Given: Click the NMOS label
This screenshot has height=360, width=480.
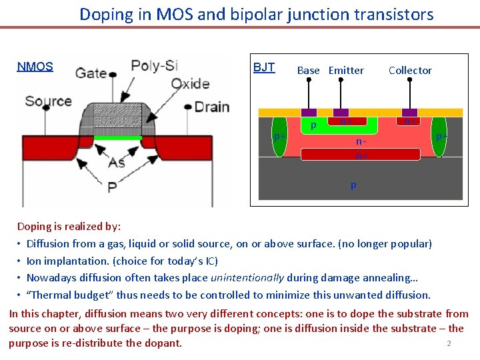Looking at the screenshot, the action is tap(35, 67).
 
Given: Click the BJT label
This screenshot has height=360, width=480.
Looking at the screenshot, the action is tap(264, 67).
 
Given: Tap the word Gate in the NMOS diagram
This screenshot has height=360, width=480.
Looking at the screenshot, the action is tap(91, 72).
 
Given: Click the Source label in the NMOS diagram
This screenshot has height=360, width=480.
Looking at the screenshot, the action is tap(49, 101).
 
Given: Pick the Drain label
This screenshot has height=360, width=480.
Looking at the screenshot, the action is tap(212, 107).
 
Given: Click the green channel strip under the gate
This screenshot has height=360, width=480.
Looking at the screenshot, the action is tap(117, 138).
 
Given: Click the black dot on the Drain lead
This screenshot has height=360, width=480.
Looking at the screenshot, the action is tap(189, 107).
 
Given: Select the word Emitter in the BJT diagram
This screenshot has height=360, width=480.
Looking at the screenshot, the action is tap(346, 70).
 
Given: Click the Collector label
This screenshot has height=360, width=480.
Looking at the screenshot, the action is tap(410, 70).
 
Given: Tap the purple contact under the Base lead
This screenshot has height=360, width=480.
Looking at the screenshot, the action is tap(309, 113).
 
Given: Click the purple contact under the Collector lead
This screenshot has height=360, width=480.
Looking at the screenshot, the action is tap(409, 113).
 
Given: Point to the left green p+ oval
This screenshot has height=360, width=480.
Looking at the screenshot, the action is tap(280, 137).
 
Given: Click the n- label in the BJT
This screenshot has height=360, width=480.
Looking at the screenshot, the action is tap(361, 141).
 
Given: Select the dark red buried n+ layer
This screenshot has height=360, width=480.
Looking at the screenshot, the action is tap(361, 154).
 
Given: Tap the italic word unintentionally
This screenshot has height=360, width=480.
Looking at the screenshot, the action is tap(247, 278).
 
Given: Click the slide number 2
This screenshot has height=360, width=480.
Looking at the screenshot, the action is tap(449, 343).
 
